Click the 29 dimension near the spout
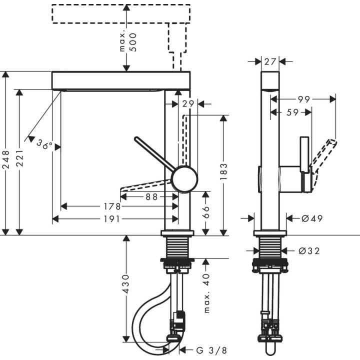tap(187, 103)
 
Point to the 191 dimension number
tap(113, 219)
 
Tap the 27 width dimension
tap(270, 61)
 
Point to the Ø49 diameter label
tap(311, 218)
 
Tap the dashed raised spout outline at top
tap(121, 14)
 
